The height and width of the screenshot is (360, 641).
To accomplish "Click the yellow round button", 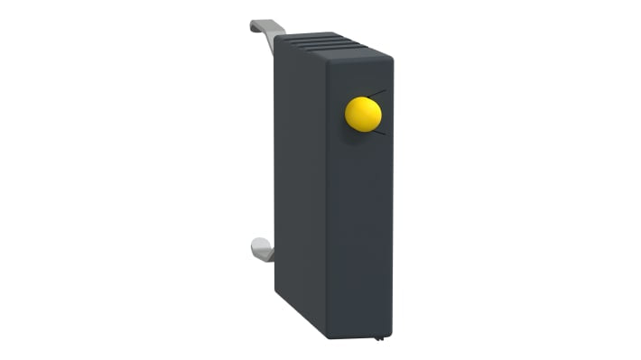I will pyautogui.click(x=363, y=115).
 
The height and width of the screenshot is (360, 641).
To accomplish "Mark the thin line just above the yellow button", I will pyautogui.click(x=377, y=93).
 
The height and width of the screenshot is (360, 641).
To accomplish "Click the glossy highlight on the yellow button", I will pyautogui.click(x=358, y=108).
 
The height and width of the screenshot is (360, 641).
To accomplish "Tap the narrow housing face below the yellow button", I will pyautogui.click(x=362, y=235).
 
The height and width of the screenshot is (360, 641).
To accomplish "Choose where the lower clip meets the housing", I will pyautogui.click(x=274, y=255).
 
